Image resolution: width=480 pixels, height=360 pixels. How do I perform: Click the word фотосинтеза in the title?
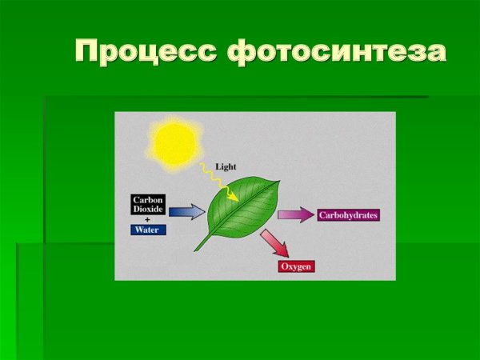click(336, 51)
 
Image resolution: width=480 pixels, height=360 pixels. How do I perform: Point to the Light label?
click(225, 168)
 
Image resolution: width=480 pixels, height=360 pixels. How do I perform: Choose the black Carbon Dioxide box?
click(148, 205)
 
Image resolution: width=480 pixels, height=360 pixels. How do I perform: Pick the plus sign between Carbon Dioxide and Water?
click(147, 218)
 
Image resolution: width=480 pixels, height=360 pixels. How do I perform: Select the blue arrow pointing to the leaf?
click(186, 211)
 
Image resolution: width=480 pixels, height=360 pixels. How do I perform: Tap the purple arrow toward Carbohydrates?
click(296, 215)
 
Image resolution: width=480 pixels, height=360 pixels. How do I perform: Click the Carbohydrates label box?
click(348, 215)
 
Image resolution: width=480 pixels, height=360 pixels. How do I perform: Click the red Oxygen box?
click(296, 266)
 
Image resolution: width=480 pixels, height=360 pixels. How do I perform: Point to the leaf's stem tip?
click(194, 250)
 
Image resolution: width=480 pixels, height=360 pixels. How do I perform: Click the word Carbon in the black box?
click(148, 200)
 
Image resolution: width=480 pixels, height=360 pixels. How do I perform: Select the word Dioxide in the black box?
click(148, 210)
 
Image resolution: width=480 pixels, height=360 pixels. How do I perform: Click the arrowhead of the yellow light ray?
click(234, 197)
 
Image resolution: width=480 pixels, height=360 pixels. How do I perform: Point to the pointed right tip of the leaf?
click(279, 181)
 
